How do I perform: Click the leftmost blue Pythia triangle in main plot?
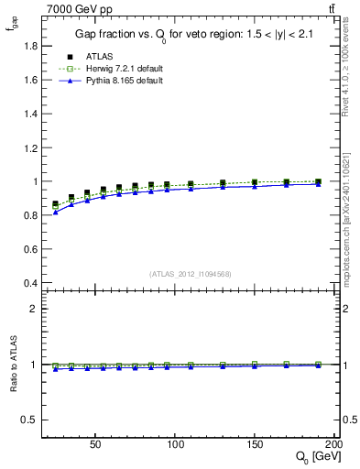[x=55, y=213]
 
